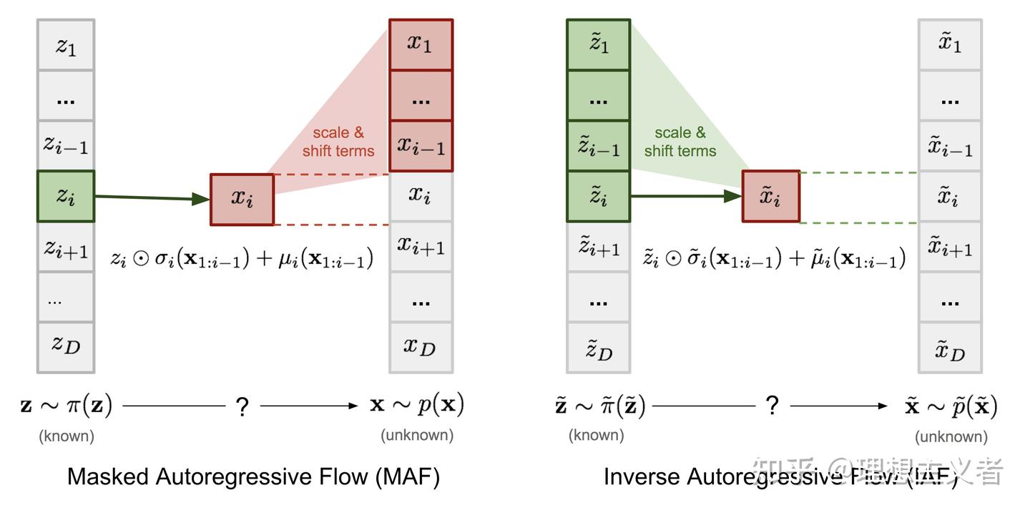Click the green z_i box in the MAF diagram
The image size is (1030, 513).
(x=66, y=196)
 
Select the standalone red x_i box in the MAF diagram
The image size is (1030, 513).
(x=242, y=199)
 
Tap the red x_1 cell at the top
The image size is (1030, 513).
(x=421, y=44)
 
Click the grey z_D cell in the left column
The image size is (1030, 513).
(x=66, y=347)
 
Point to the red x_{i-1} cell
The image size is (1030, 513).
(x=421, y=146)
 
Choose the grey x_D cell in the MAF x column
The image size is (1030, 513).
(x=421, y=348)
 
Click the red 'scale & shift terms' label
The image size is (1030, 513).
(x=338, y=142)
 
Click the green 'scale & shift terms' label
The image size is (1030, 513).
(x=680, y=142)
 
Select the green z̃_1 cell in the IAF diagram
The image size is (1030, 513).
(x=599, y=44)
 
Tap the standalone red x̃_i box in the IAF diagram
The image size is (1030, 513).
(x=770, y=196)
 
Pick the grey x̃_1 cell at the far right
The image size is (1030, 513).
(x=950, y=44)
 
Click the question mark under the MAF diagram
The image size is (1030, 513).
(x=242, y=407)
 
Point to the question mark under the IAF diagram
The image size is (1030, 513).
(x=772, y=406)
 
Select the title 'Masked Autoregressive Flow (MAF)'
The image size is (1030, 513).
(x=253, y=477)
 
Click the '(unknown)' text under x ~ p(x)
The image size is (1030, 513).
(x=417, y=435)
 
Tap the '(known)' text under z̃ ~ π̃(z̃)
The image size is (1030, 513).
(x=596, y=435)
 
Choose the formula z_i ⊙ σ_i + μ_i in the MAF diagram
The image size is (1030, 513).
(x=242, y=258)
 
